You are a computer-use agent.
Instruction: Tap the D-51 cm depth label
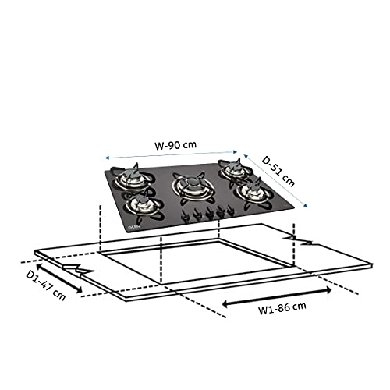[x=278, y=171]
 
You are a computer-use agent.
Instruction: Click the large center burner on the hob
[x=189, y=186]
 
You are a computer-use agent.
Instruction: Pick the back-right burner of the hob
[x=232, y=168]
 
